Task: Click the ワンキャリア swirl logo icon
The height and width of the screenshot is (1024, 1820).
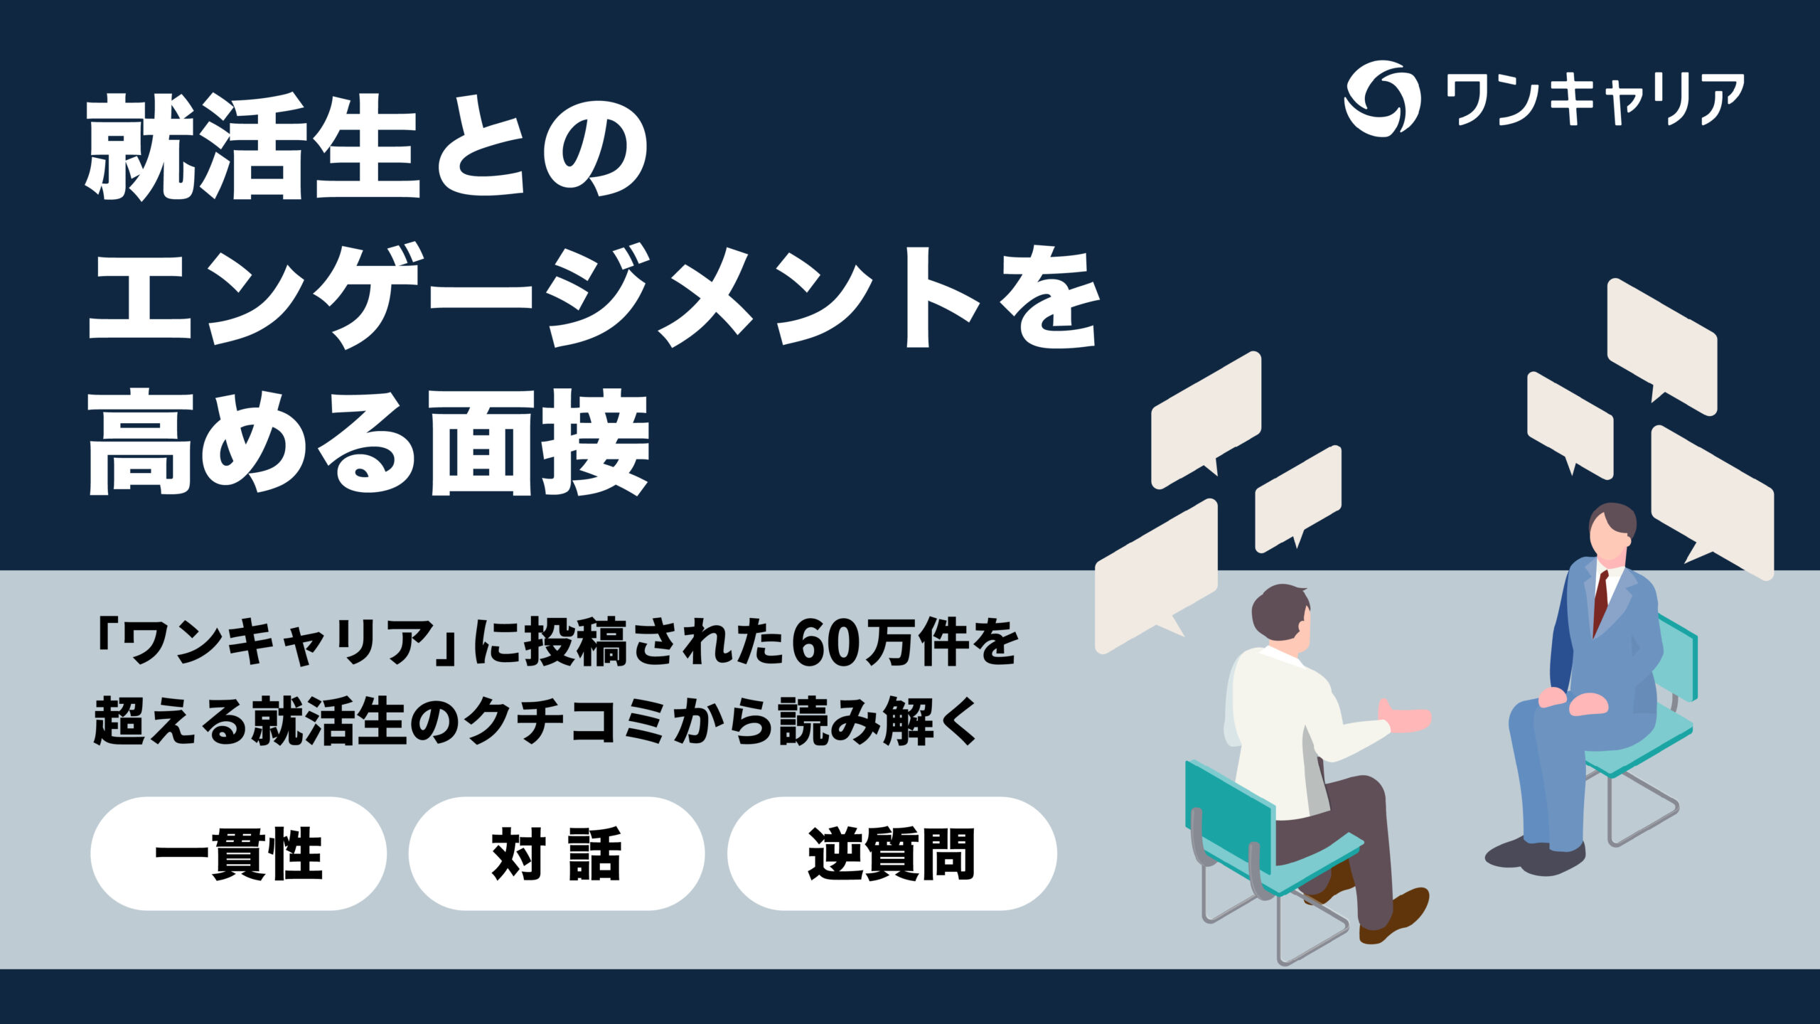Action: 1381,99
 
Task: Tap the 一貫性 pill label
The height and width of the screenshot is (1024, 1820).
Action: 238,853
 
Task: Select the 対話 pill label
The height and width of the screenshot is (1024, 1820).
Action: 556,853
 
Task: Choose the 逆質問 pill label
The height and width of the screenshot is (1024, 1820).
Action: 892,853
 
